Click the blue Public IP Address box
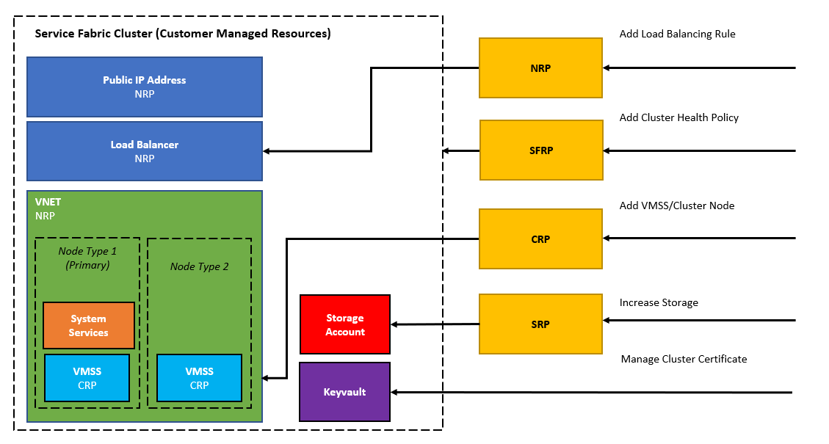145,87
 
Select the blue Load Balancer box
145,151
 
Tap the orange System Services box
89,325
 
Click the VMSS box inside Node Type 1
87,378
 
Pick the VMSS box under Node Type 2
200,378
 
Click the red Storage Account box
345,324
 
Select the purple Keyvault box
345,392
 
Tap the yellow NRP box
540,68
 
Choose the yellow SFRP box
541,150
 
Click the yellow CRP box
540,239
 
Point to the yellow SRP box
540,324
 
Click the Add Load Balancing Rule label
677,34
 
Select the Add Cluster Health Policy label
678,117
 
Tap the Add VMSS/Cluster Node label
676,205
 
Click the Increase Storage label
659,302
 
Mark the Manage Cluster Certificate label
684,359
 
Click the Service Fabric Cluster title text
183,34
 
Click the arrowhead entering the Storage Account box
395,324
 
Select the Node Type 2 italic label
200,266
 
